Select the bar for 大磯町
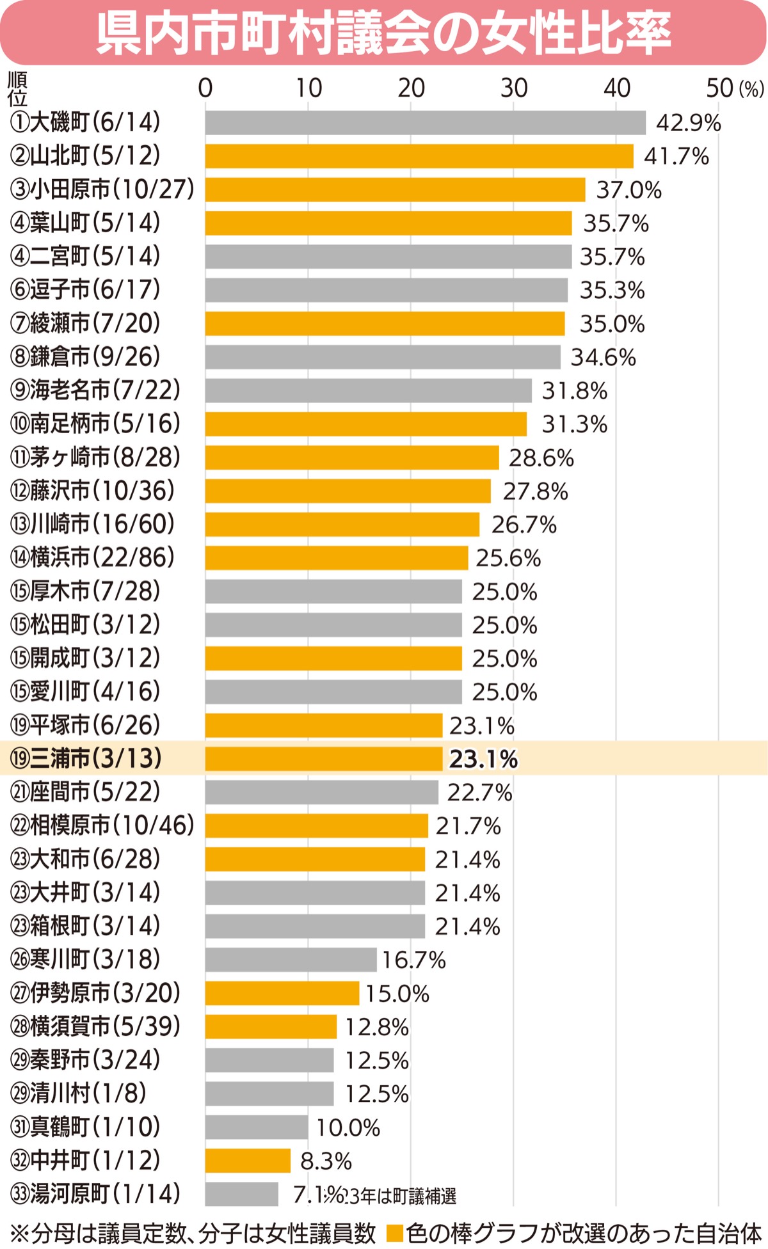[x=425, y=123]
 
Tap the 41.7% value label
[x=676, y=156]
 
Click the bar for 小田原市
[x=395, y=189]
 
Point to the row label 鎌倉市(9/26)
[x=85, y=357]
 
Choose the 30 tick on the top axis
[x=513, y=88]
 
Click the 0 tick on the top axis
[x=205, y=88]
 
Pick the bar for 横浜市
[x=337, y=558]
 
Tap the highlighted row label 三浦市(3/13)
[x=86, y=758]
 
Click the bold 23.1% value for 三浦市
[x=483, y=759]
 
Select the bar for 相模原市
[x=316, y=825]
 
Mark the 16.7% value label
[x=413, y=960]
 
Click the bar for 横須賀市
[x=271, y=1026]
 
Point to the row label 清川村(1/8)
[x=78, y=1094]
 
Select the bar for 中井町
[x=248, y=1160]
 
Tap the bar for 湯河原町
[x=242, y=1194]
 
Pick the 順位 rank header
[x=17, y=89]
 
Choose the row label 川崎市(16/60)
[x=92, y=524]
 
